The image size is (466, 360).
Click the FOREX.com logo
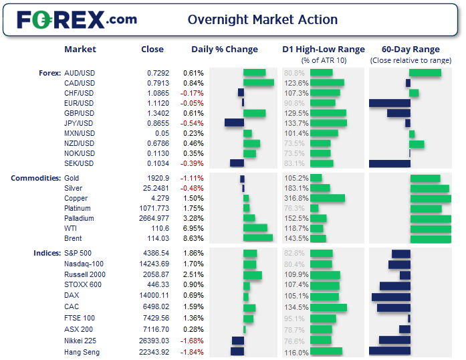click(77, 19)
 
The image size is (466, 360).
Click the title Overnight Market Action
click(263, 20)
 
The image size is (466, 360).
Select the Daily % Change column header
click(224, 49)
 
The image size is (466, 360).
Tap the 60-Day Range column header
click(411, 49)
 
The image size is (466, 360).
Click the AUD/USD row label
click(79, 73)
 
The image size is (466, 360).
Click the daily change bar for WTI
click(255, 228)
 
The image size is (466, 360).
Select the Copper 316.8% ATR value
click(296, 199)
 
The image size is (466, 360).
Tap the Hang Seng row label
click(82, 352)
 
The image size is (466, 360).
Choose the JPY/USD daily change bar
click(234, 123)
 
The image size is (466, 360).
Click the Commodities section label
click(35, 179)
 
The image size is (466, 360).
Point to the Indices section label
click(45, 254)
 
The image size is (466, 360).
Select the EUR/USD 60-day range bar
click(389, 103)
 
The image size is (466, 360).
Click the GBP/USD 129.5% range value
click(296, 113)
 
